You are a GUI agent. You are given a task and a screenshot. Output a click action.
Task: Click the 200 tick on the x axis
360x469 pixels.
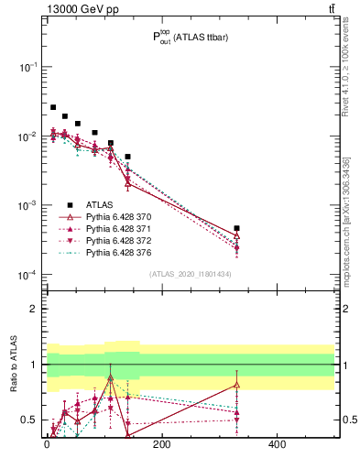(x=161, y=445)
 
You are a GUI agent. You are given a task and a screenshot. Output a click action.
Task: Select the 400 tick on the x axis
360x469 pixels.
(x=277, y=445)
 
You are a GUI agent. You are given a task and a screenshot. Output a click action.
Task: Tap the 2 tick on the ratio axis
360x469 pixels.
(x=31, y=309)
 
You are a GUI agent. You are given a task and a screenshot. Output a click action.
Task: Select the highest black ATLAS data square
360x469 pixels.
(x=53, y=107)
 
